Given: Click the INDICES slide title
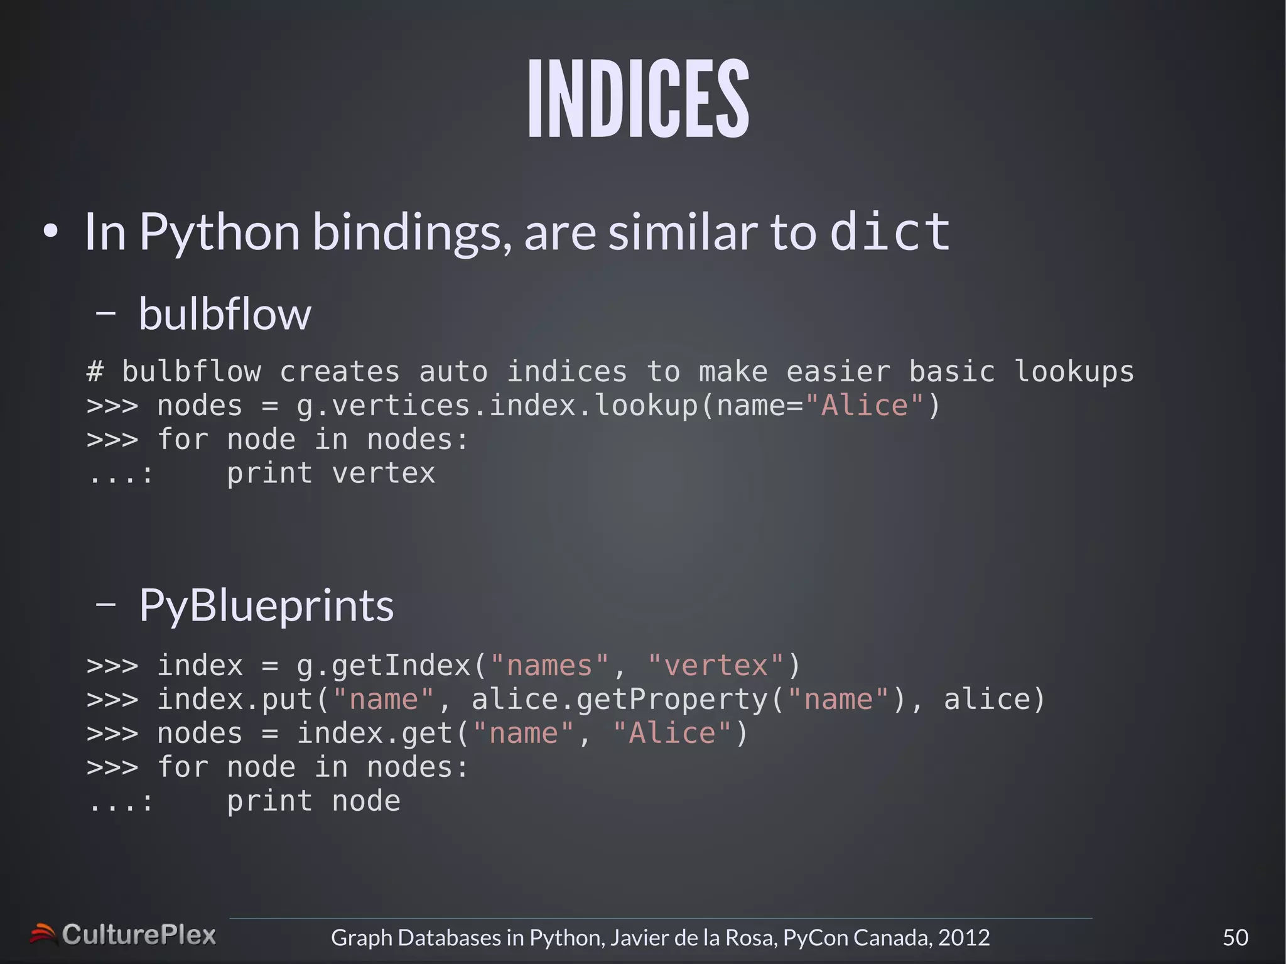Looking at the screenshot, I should point(639,99).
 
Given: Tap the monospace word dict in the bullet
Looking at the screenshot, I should point(890,232).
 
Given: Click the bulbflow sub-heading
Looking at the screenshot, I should point(225,313).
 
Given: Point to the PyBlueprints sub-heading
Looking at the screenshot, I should point(266,606).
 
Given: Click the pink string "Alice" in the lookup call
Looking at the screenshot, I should point(864,406).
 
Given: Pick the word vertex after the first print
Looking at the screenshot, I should point(383,473).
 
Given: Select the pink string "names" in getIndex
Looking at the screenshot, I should point(549,666).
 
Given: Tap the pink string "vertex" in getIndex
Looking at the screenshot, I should point(716,666).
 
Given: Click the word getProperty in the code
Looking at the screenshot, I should point(673,700).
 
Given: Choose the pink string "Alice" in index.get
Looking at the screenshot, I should point(672,734).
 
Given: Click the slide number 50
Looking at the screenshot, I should point(1235,938).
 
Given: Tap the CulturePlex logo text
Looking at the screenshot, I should point(139,935).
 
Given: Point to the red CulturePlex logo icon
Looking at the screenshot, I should point(43,934).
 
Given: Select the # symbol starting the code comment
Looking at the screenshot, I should point(95,372).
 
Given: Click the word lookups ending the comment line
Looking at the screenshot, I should point(1074,372).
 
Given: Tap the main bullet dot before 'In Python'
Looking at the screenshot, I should point(51,232).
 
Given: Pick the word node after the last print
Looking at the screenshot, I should point(365,801).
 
